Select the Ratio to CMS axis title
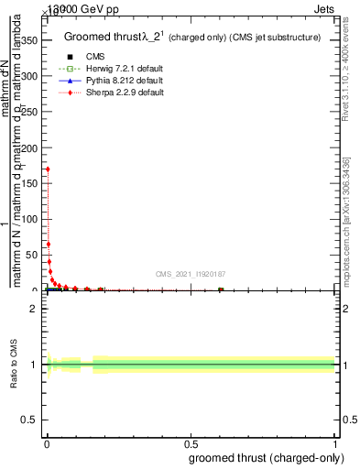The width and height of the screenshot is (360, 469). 13,365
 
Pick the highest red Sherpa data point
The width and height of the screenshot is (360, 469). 47,169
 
